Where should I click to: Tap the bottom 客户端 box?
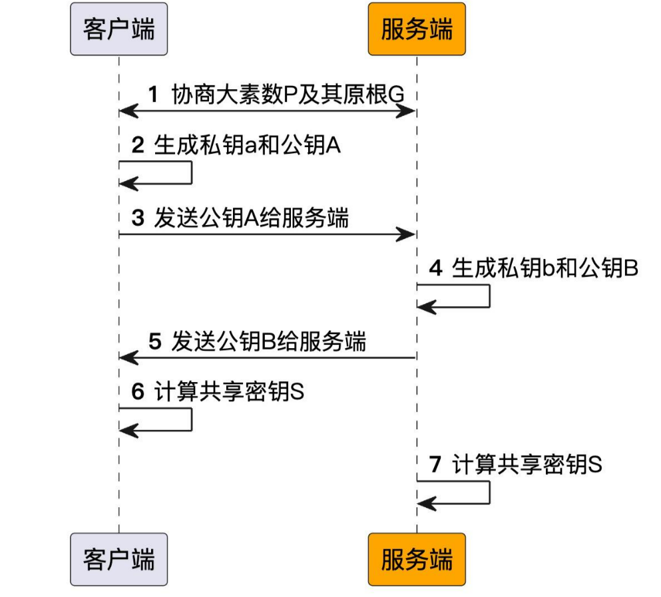[x=118, y=559]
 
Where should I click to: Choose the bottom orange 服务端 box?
[x=417, y=559]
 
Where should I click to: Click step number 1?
[x=153, y=94]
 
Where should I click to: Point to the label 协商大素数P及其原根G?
[x=288, y=94]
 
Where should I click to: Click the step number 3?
[x=137, y=218]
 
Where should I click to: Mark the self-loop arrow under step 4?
[x=489, y=296]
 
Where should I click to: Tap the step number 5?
[x=154, y=342]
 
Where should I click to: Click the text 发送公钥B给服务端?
[x=268, y=342]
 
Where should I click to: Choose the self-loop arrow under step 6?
[x=191, y=419]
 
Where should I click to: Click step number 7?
[x=435, y=465]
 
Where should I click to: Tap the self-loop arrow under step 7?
[x=489, y=493]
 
